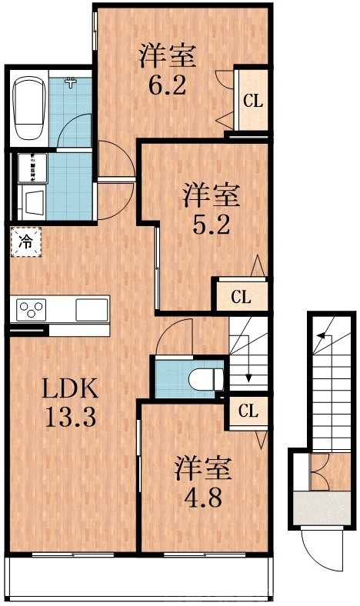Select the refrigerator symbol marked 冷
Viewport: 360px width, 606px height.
tap(25, 242)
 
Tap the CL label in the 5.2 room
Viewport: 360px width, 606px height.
tap(241, 297)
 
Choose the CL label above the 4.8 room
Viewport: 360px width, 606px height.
tap(247, 412)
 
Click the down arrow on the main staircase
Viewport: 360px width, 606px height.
tap(248, 377)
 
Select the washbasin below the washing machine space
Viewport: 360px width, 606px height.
tap(35, 204)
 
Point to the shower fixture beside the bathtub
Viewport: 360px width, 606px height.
tap(72, 83)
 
